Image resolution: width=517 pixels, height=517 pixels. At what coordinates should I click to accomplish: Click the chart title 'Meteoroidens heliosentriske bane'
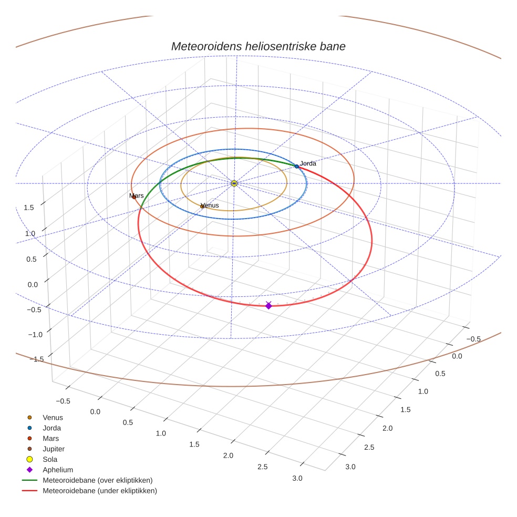click(x=258, y=46)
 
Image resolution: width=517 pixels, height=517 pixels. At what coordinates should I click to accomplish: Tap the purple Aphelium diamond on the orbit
click(x=268, y=305)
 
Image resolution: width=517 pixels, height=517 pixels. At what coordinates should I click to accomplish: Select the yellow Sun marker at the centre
click(x=234, y=183)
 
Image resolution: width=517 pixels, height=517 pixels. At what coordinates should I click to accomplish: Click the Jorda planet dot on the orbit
click(x=296, y=167)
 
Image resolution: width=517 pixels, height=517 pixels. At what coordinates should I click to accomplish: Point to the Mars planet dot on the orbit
click(x=134, y=197)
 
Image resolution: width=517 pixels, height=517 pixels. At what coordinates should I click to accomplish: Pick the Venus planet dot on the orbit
click(x=202, y=206)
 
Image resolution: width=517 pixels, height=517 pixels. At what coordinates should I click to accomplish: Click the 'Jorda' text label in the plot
click(x=308, y=163)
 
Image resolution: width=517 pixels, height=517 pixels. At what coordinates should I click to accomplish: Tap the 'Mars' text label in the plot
click(x=137, y=195)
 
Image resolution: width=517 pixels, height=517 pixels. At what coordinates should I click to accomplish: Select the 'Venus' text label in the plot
click(x=210, y=205)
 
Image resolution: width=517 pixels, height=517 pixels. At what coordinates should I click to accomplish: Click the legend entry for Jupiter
click(x=54, y=449)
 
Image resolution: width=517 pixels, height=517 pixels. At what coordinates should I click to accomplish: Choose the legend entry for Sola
click(x=50, y=459)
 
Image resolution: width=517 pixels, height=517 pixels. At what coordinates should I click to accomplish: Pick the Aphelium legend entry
click(x=58, y=470)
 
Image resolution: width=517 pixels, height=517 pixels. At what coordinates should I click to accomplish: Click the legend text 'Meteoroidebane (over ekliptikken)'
click(x=98, y=480)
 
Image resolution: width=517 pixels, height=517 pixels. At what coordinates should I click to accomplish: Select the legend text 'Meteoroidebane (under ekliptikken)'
click(x=100, y=491)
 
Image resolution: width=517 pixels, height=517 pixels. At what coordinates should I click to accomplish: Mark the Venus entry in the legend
click(x=53, y=417)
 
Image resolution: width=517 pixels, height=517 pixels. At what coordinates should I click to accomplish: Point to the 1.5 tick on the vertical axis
click(x=29, y=208)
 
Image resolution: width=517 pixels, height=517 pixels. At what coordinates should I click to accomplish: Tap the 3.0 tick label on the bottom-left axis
click(x=297, y=478)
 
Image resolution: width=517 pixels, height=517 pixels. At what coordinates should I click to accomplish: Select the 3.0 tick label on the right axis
click(x=350, y=467)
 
